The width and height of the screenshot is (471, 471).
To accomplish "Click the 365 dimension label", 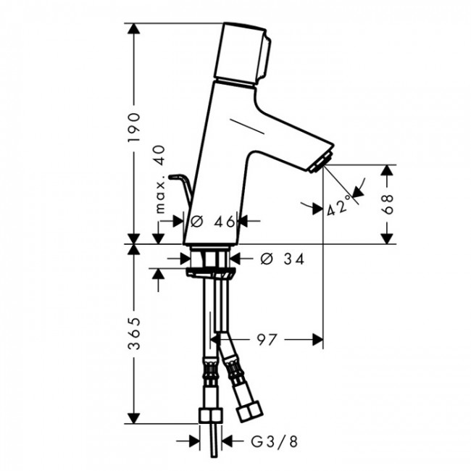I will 135,335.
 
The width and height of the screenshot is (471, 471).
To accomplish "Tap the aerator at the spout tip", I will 320,162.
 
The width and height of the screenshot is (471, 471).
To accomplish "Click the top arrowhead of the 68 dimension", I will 388,170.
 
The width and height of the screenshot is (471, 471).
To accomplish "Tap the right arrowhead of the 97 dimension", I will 317,338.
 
